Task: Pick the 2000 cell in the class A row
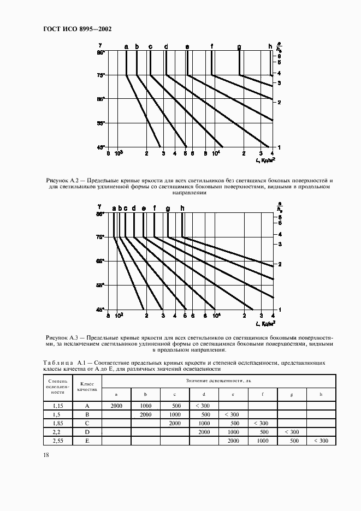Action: tap(116, 406)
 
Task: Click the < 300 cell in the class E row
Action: tap(321, 441)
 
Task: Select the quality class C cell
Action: tap(87, 423)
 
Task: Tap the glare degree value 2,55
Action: tap(57, 441)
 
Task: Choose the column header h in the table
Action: tap(321, 394)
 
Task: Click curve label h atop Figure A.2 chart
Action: tap(270, 46)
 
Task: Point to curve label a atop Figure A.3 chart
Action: tap(114, 208)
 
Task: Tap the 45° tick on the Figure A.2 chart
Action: tap(100, 147)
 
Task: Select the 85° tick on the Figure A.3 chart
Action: tap(100, 215)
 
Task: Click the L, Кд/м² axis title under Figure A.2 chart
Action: tap(265, 160)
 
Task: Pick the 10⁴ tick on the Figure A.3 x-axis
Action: tap(217, 316)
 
